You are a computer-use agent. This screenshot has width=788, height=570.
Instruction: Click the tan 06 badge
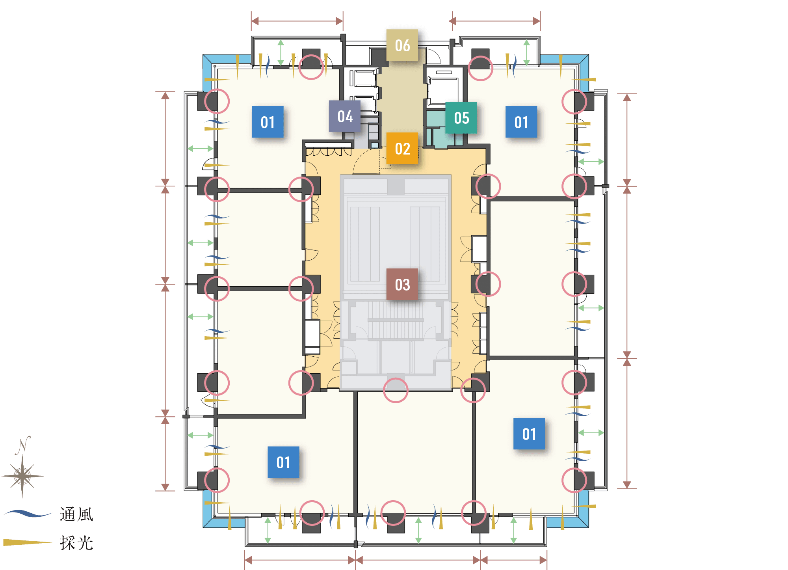click(402, 45)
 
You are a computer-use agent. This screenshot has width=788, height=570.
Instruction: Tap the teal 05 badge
click(461, 118)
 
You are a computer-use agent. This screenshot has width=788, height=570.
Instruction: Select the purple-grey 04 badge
click(345, 116)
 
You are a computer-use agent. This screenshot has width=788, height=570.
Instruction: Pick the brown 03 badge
click(402, 285)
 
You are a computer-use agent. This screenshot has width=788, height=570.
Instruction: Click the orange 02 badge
click(402, 149)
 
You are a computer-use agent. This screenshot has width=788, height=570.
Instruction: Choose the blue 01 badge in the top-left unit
click(268, 122)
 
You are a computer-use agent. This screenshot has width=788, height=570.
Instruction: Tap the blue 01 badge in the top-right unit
click(521, 122)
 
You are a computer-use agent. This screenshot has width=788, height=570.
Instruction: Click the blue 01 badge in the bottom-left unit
click(283, 462)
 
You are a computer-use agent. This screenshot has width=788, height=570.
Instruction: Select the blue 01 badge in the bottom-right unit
click(529, 434)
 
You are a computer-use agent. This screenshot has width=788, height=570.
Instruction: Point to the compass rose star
click(22, 476)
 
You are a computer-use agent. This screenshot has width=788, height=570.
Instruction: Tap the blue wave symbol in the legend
click(28, 514)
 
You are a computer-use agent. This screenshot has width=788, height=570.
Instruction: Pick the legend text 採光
click(76, 543)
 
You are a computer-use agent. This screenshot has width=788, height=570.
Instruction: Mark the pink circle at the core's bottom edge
click(395, 390)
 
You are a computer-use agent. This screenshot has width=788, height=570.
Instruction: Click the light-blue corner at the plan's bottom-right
click(584, 516)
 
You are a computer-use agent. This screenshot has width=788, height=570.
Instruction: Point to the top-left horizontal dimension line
click(297, 21)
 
